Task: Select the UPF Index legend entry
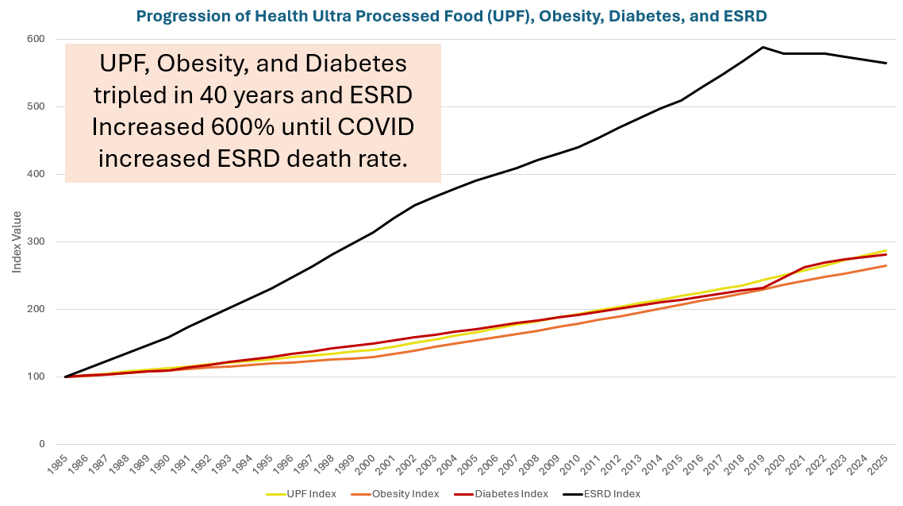310,494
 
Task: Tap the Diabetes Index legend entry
512,494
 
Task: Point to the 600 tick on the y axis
35,39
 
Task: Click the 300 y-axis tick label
35,241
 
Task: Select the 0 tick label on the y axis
41,444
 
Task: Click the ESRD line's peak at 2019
763,47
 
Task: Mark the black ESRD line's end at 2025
886,63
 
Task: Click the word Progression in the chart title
176,16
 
